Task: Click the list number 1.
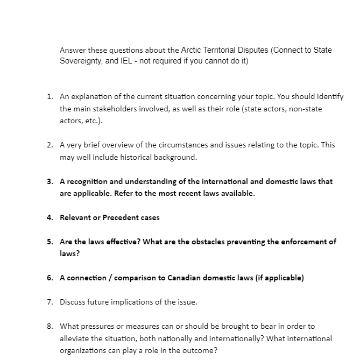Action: coord(49,97)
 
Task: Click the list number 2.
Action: coord(49,145)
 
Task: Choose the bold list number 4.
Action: coord(49,217)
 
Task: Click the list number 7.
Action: coord(49,302)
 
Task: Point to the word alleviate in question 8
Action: coord(75,338)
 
